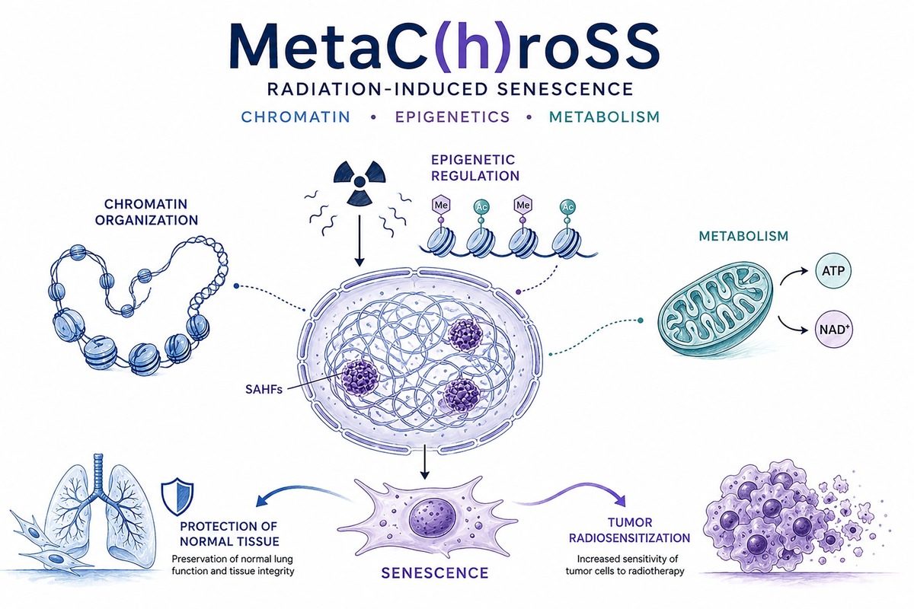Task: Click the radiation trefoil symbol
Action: tap(360, 183)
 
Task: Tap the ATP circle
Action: tap(833, 271)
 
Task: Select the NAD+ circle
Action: tap(833, 329)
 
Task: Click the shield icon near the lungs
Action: tap(177, 499)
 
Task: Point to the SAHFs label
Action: tap(264, 390)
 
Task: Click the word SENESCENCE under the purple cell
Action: tap(435, 573)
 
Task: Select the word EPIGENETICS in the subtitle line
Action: tap(452, 117)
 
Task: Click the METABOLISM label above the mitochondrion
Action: tap(743, 236)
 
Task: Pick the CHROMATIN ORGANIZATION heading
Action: tap(146, 212)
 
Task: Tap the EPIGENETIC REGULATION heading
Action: tap(475, 167)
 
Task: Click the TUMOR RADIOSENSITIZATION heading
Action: tap(630, 531)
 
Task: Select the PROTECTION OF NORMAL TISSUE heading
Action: tap(229, 534)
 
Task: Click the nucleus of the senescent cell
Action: tap(432, 524)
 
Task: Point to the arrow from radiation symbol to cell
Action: tap(359, 241)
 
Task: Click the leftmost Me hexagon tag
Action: tap(441, 205)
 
